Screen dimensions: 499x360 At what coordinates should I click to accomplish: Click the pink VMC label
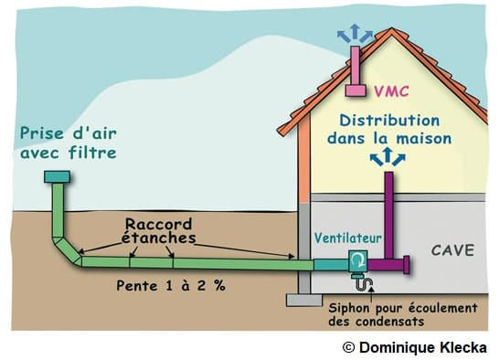click(x=391, y=91)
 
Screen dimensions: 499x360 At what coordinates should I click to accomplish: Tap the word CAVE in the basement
click(x=452, y=250)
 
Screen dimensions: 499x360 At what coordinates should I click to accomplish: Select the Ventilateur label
click(x=347, y=238)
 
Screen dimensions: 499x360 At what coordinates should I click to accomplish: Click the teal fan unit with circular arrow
click(x=358, y=261)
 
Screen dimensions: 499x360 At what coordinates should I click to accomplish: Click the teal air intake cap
click(x=57, y=176)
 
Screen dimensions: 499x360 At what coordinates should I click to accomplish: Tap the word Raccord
click(x=158, y=224)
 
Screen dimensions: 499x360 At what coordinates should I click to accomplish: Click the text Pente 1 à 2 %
click(x=171, y=285)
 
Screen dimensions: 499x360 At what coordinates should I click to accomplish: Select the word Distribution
click(x=389, y=121)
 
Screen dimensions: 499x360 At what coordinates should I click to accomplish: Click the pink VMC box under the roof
click(x=356, y=90)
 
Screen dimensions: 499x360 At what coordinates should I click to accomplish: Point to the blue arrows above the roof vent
click(x=355, y=34)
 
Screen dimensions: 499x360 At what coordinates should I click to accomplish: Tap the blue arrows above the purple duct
click(x=388, y=156)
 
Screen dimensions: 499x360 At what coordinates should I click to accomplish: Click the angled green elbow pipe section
click(x=68, y=250)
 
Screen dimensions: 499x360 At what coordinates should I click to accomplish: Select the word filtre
click(x=92, y=153)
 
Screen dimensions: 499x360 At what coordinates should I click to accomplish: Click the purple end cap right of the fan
click(x=406, y=264)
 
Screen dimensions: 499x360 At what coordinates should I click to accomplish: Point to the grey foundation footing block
click(x=304, y=300)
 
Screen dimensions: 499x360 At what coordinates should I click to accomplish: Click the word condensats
click(x=390, y=322)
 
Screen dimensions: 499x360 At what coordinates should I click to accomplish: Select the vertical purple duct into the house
click(x=389, y=215)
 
